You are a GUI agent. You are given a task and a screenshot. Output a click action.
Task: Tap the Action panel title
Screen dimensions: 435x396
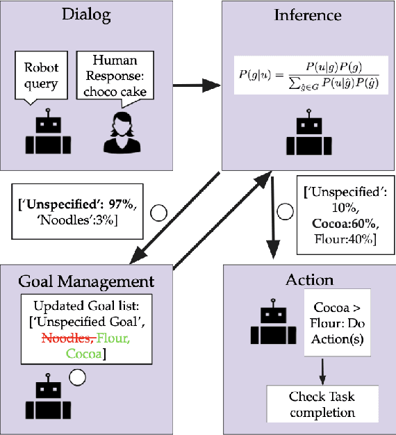click(309, 280)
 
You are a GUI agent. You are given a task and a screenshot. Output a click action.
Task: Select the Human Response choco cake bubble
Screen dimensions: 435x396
click(115, 77)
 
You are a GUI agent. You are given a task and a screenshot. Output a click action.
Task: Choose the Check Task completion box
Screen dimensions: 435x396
click(321, 404)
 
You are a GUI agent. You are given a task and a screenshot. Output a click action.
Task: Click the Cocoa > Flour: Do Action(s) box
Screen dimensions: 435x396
click(333, 325)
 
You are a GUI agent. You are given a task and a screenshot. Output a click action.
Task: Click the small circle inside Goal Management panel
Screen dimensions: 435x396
click(76, 377)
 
